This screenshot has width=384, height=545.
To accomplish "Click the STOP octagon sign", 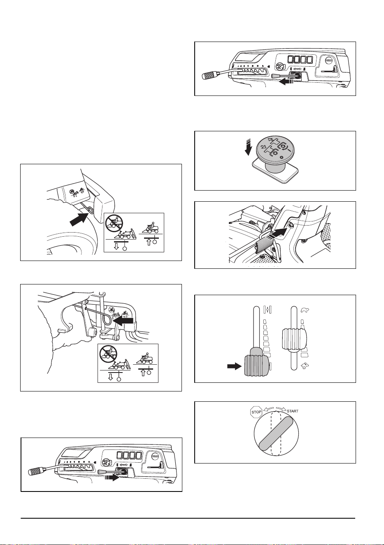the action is (256, 412).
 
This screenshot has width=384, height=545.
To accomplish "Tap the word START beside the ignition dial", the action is (293, 411).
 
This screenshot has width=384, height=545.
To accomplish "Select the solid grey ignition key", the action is (276, 433).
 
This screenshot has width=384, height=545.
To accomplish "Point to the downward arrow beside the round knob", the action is (248, 147).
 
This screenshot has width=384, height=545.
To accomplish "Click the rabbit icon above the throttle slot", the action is (305, 310).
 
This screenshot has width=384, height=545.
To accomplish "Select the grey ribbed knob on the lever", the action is (256, 366).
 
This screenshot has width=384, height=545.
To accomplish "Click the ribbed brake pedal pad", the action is (264, 244).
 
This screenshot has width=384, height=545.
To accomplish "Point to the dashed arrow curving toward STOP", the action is (268, 409).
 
